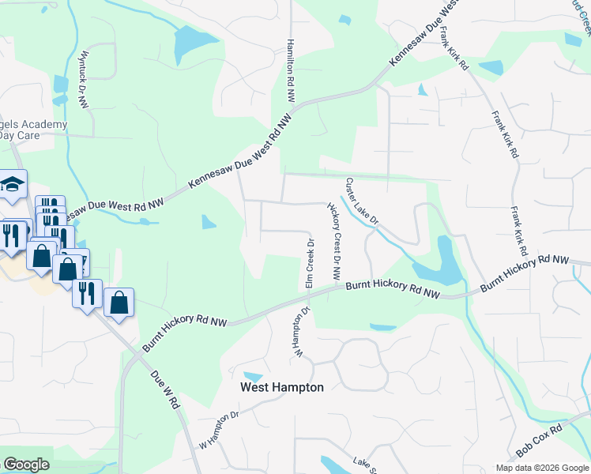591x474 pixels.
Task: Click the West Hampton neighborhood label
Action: [x=282, y=388]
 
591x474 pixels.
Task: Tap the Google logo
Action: [x=26, y=465]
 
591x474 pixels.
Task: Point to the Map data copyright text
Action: [x=542, y=468]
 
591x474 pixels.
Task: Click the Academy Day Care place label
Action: [x=32, y=130]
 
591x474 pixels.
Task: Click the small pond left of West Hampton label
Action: [x=254, y=375]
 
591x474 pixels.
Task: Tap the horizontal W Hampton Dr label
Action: [x=218, y=427]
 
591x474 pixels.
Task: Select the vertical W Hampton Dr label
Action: [x=301, y=332]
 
